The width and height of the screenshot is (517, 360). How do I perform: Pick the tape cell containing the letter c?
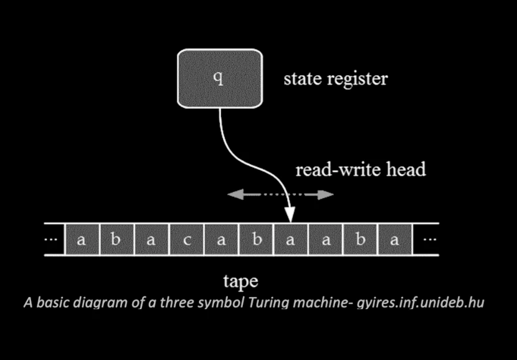coord(186,240)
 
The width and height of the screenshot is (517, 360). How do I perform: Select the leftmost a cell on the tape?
coord(81,240)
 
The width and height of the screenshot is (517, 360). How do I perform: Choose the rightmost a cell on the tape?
coord(394,240)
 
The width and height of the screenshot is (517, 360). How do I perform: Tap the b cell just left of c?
coord(116,240)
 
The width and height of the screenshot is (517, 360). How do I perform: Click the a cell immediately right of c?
coord(221,240)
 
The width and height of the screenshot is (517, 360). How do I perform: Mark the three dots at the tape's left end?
coord(54,240)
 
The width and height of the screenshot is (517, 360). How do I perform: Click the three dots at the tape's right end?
coord(430,240)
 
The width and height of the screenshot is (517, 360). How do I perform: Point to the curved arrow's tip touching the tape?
coord(290,218)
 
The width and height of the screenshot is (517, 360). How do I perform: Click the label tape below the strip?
coord(240,281)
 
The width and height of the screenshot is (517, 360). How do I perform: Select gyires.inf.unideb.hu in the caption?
coord(427,303)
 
